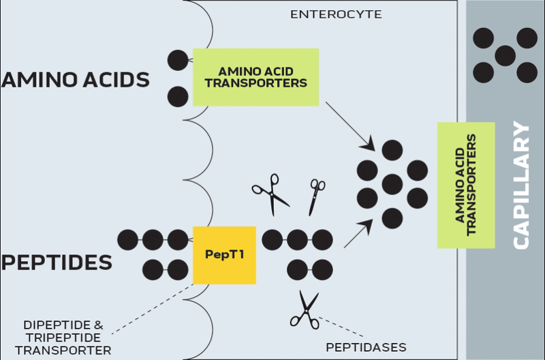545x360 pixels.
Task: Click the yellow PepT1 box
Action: coord(224,255)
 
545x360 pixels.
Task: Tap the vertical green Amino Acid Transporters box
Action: coord(466,185)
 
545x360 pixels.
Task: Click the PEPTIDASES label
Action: coord(367,347)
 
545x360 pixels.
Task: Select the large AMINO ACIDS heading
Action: coord(76,80)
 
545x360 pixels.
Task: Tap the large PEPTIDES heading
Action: coord(57,262)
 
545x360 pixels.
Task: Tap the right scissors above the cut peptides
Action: coord(316,195)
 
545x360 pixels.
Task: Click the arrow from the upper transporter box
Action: coord(350,125)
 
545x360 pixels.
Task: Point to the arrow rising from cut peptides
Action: coord(359,232)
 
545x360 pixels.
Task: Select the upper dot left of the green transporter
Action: coord(178,60)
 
